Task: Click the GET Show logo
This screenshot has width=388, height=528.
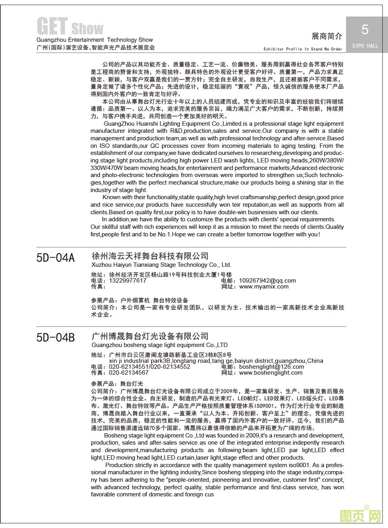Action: pos(70,27)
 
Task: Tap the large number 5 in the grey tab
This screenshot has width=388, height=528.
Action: pos(365,29)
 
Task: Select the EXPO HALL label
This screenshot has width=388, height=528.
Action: pos(365,46)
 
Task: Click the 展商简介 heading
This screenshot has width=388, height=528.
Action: pos(327,36)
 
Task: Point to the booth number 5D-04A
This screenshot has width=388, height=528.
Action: pos(55,258)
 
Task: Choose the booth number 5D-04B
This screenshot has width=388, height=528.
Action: pos(55,338)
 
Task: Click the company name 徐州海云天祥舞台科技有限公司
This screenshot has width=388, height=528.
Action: pos(150,256)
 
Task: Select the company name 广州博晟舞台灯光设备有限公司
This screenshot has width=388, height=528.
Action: pos(150,336)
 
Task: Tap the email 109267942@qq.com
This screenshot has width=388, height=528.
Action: pos(267,281)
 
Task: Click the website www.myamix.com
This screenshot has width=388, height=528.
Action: pos(264,287)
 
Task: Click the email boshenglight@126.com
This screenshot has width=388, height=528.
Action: pos(272,367)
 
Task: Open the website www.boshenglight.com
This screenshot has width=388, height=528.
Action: pos(271,373)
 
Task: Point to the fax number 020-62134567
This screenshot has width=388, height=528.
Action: pos(129,373)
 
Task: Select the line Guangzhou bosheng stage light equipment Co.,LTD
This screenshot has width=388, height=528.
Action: pos(159,345)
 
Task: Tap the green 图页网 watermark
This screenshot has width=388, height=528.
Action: pos(360,515)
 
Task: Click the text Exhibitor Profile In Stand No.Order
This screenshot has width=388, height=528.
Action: pos(303,49)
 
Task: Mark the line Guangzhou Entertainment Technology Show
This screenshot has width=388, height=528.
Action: pos(95,40)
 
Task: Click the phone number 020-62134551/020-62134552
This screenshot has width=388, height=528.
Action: pos(149,367)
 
